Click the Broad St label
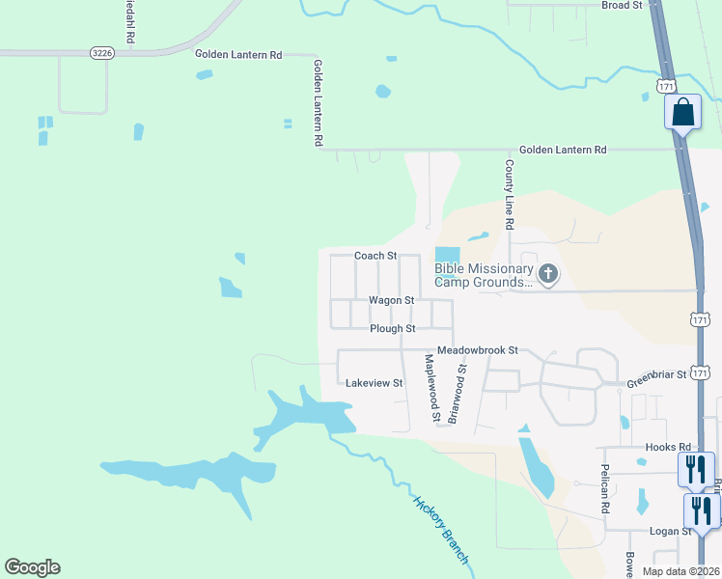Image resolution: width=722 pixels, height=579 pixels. pyautogui.click(x=622, y=6)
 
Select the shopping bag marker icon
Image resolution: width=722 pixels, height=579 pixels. pyautogui.click(x=683, y=112)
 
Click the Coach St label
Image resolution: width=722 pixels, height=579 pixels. pyautogui.click(x=375, y=256)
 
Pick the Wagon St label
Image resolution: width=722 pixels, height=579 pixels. pyautogui.click(x=390, y=300)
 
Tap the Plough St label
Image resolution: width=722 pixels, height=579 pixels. pyautogui.click(x=392, y=328)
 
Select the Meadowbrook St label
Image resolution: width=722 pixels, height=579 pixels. pyautogui.click(x=478, y=349)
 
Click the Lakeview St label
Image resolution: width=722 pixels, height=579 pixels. pyautogui.click(x=374, y=383)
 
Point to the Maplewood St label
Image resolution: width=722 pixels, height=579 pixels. pyautogui.click(x=431, y=389)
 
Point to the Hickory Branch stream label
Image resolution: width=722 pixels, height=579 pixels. pyautogui.click(x=441, y=532)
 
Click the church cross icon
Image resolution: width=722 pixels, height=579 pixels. pyautogui.click(x=548, y=275)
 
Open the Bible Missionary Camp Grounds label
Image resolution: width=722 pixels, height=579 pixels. pyautogui.click(x=484, y=275)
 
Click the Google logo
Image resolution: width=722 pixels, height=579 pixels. pyautogui.click(x=32, y=567)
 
